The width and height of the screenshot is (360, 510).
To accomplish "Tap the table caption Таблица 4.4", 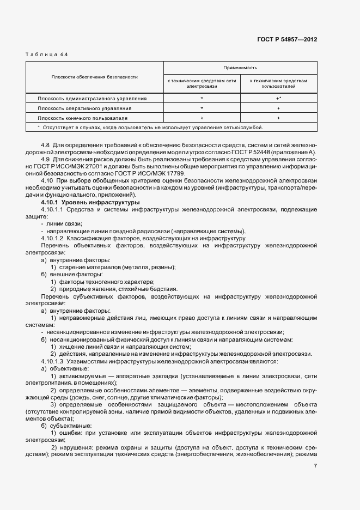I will [x=47, y=55].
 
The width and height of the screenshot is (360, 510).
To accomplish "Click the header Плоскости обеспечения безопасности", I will [x=95, y=77].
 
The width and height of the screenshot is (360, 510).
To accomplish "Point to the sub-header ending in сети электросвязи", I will [x=202, y=83].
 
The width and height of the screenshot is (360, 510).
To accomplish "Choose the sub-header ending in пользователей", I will [x=278, y=83].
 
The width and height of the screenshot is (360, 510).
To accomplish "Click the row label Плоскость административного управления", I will [x=92, y=99].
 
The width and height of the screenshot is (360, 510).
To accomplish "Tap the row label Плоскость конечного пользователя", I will [x=83, y=118].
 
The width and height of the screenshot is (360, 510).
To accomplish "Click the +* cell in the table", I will [x=278, y=99].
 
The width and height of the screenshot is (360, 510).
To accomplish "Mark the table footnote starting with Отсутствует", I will [x=150, y=127].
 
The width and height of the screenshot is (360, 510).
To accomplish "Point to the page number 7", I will [x=315, y=465].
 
